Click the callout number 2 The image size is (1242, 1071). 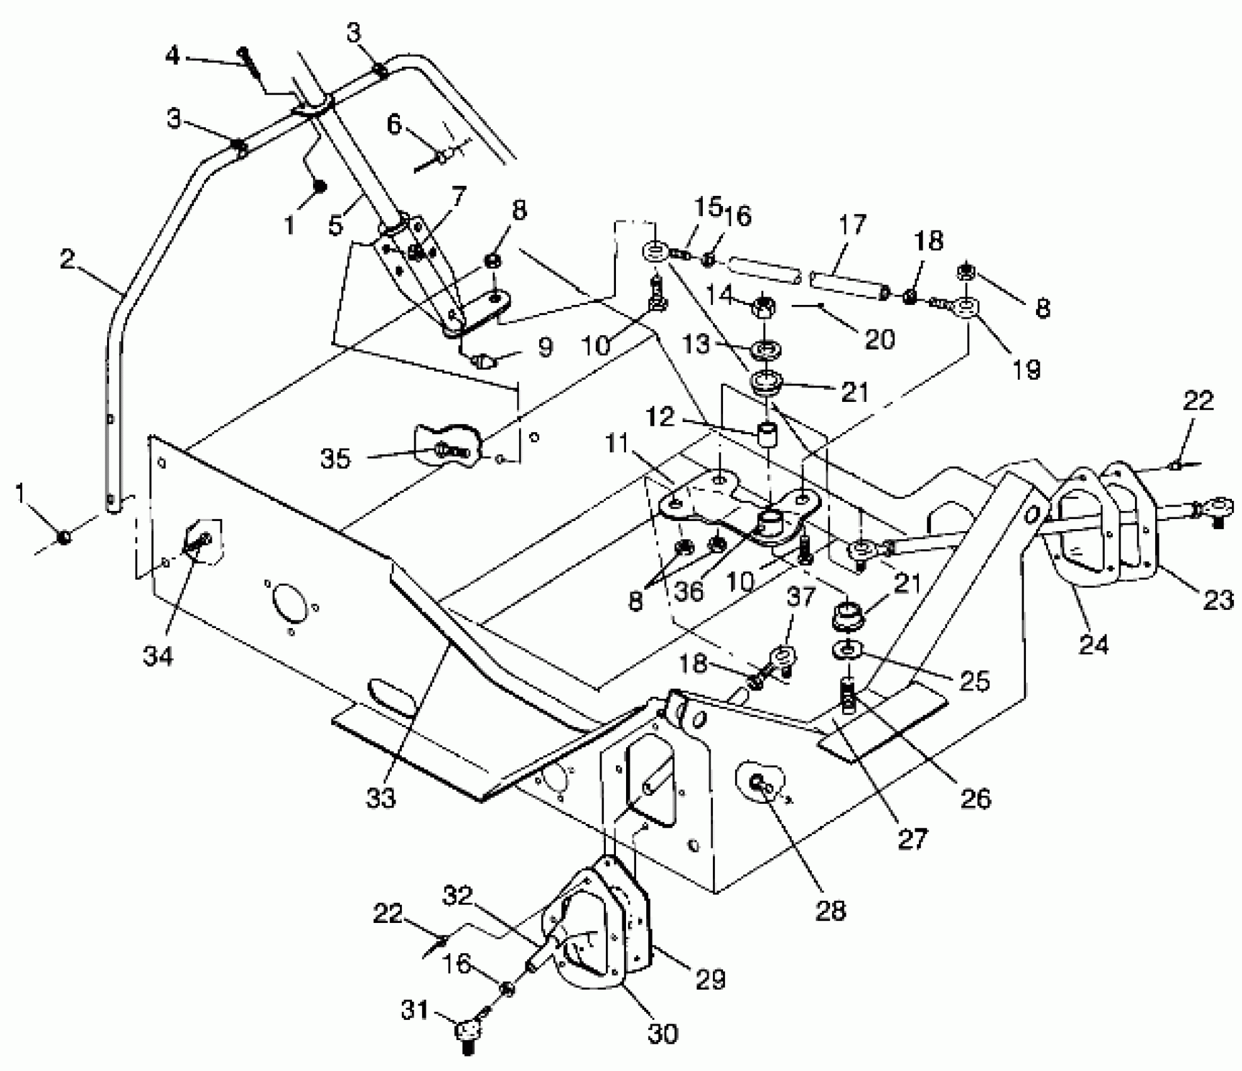click(67, 259)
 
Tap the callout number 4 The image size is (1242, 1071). click(172, 55)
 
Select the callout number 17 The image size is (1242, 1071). click(852, 225)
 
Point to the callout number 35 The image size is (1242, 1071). click(335, 459)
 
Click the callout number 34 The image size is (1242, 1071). click(158, 656)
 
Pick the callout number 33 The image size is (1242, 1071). click(380, 798)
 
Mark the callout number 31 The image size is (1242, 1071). click(414, 1011)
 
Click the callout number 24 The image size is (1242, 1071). click(1093, 644)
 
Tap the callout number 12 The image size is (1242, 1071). click(660, 416)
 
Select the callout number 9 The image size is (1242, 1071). click(545, 346)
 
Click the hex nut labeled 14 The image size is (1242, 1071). click(763, 307)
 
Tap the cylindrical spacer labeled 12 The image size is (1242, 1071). click(766, 434)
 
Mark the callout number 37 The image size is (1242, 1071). click(800, 597)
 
